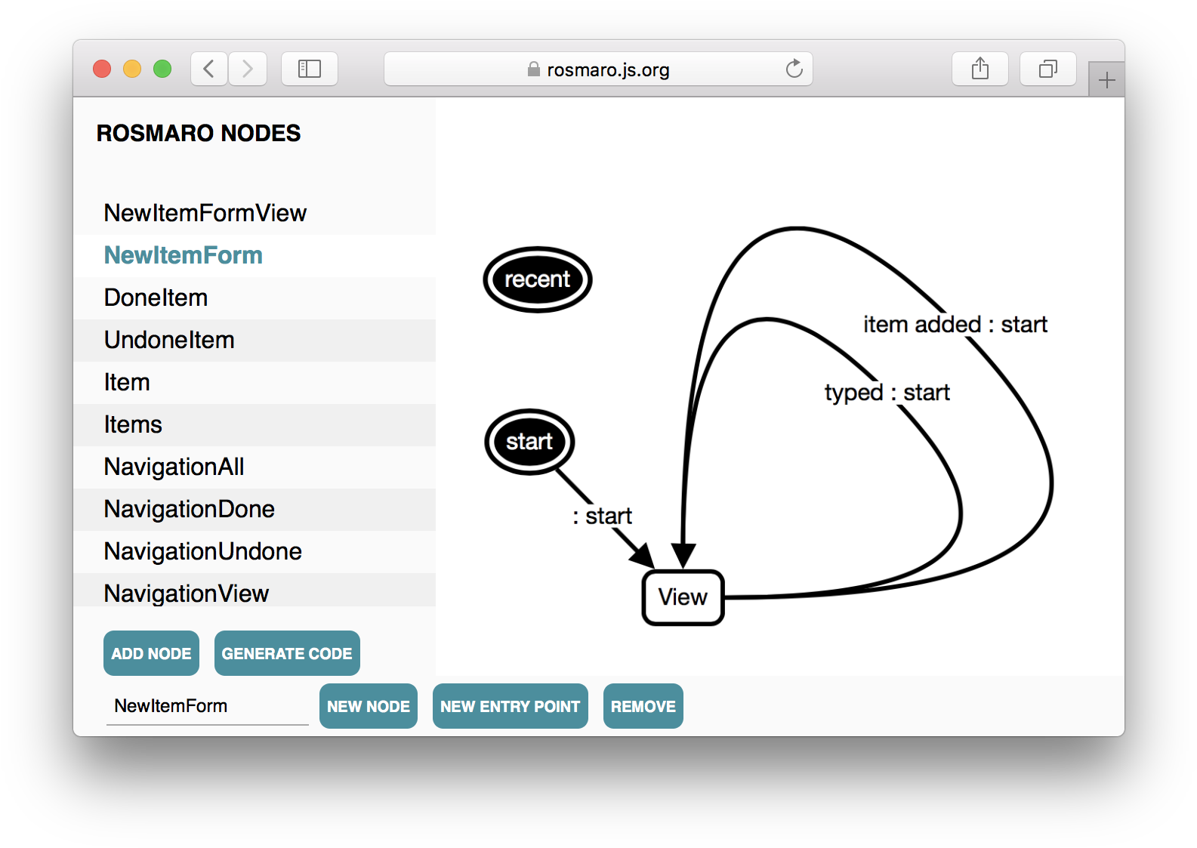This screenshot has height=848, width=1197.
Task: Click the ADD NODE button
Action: tap(151, 653)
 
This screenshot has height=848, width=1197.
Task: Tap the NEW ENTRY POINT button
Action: tap(510, 706)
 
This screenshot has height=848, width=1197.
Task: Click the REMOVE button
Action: tap(643, 706)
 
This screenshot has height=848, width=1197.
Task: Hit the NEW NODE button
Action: tap(369, 706)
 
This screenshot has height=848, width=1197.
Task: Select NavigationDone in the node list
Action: tap(189, 509)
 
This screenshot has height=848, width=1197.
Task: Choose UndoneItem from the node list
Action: tap(169, 341)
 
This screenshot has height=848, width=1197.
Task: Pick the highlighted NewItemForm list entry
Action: tap(184, 255)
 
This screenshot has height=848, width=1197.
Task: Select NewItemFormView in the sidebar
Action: tap(205, 213)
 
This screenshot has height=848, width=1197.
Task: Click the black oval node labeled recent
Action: tap(537, 279)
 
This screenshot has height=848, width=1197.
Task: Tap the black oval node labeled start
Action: tap(529, 442)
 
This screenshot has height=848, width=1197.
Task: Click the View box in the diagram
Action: tap(683, 597)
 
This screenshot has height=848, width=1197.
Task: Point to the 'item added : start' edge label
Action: tap(955, 325)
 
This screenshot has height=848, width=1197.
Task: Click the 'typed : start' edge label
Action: tap(887, 393)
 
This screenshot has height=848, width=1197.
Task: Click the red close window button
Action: tap(102, 69)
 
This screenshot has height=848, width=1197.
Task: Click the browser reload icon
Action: tap(794, 69)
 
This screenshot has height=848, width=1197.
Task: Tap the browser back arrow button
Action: tap(209, 69)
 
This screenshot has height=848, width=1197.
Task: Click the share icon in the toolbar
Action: tap(980, 69)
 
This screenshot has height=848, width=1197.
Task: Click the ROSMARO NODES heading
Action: tap(199, 133)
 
